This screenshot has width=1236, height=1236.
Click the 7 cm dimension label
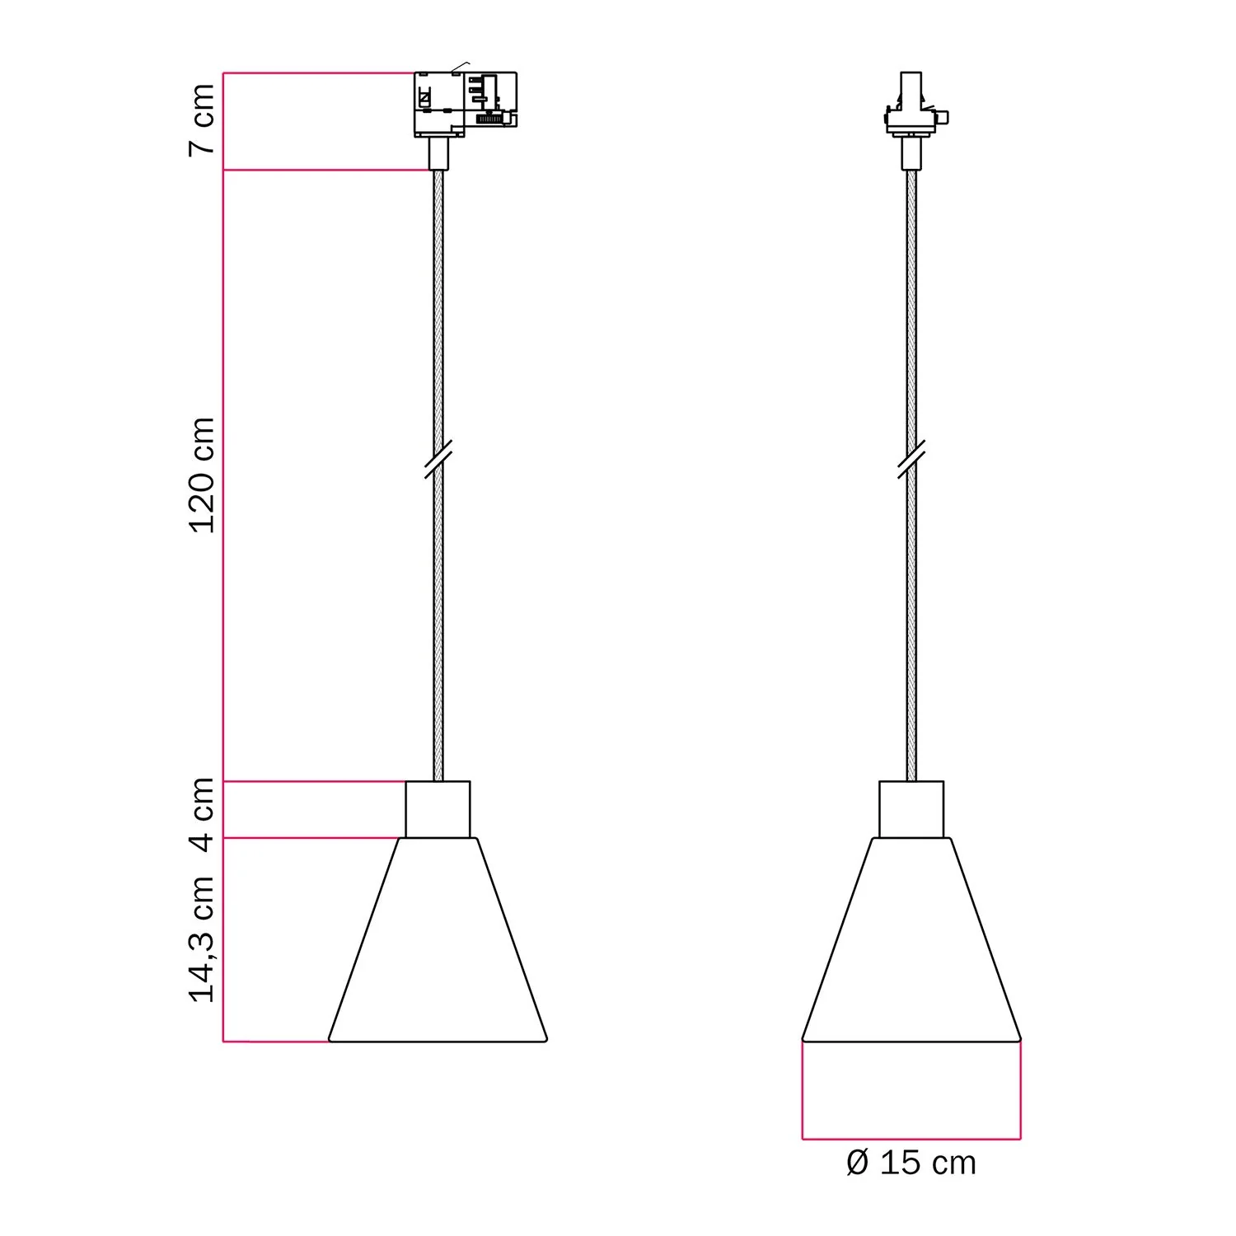202,119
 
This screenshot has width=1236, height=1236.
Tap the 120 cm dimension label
202,475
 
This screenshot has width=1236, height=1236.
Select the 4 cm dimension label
202,812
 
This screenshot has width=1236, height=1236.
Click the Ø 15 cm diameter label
911,1163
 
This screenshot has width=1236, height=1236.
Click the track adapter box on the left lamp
465,103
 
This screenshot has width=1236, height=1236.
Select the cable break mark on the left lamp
438,459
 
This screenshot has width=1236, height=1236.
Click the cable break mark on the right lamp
911,459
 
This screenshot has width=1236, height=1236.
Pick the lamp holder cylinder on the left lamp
438,809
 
